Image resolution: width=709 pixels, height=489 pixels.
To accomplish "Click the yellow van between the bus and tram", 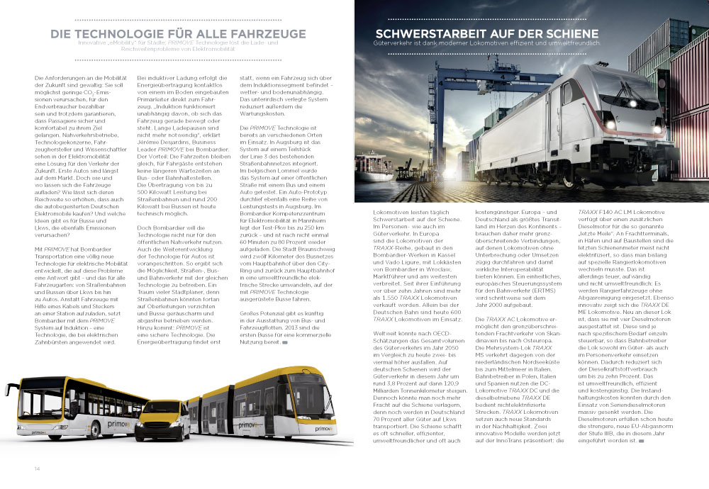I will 164,419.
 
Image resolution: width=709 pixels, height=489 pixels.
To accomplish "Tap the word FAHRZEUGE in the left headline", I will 267,33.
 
